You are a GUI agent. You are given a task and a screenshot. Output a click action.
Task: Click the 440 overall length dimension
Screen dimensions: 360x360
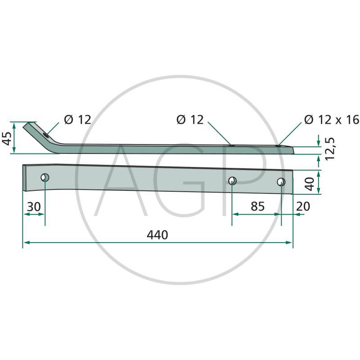(157, 235)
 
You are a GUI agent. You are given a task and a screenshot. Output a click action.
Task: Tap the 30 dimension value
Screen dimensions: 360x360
(34, 207)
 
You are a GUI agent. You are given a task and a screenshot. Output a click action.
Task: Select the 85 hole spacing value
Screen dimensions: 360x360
(257, 206)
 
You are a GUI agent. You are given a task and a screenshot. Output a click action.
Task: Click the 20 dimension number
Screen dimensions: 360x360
(303, 206)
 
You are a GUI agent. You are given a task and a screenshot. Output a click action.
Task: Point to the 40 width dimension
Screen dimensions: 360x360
(310, 184)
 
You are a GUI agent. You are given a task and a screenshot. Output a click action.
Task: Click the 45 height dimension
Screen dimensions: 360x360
(7, 139)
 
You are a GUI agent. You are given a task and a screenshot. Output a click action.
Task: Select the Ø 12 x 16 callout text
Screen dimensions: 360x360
(332, 120)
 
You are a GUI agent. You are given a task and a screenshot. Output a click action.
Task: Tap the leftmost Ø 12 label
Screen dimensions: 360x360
(77, 120)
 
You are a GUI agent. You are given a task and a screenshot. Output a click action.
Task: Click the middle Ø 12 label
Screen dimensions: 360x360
(190, 120)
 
